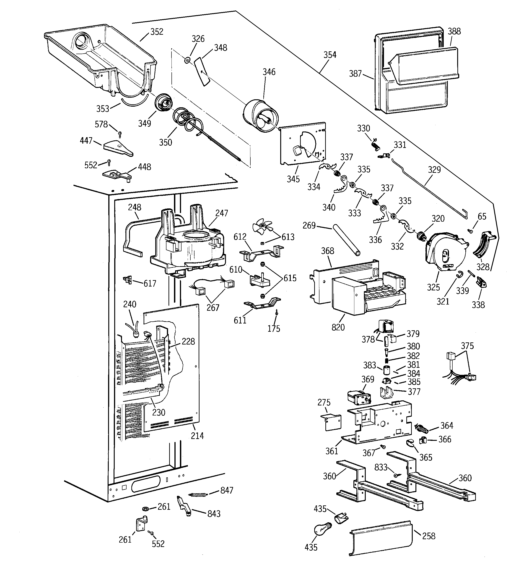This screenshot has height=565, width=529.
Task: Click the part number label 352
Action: pos(157,32)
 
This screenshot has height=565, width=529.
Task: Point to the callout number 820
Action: pos(338,327)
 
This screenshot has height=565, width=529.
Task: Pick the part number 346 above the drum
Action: pos(269,72)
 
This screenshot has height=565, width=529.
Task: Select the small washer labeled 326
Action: pos(187,60)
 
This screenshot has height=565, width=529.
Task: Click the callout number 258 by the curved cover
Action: pos(428,536)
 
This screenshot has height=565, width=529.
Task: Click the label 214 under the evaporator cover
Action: pos(197,436)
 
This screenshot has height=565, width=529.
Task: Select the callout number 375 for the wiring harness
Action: pos(467,346)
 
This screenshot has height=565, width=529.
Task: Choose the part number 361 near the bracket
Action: pos(332,451)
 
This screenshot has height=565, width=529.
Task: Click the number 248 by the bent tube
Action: pos(134,207)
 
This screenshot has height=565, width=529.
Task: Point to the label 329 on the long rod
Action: pos(434,170)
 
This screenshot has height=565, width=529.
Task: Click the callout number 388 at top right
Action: pos(454,31)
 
